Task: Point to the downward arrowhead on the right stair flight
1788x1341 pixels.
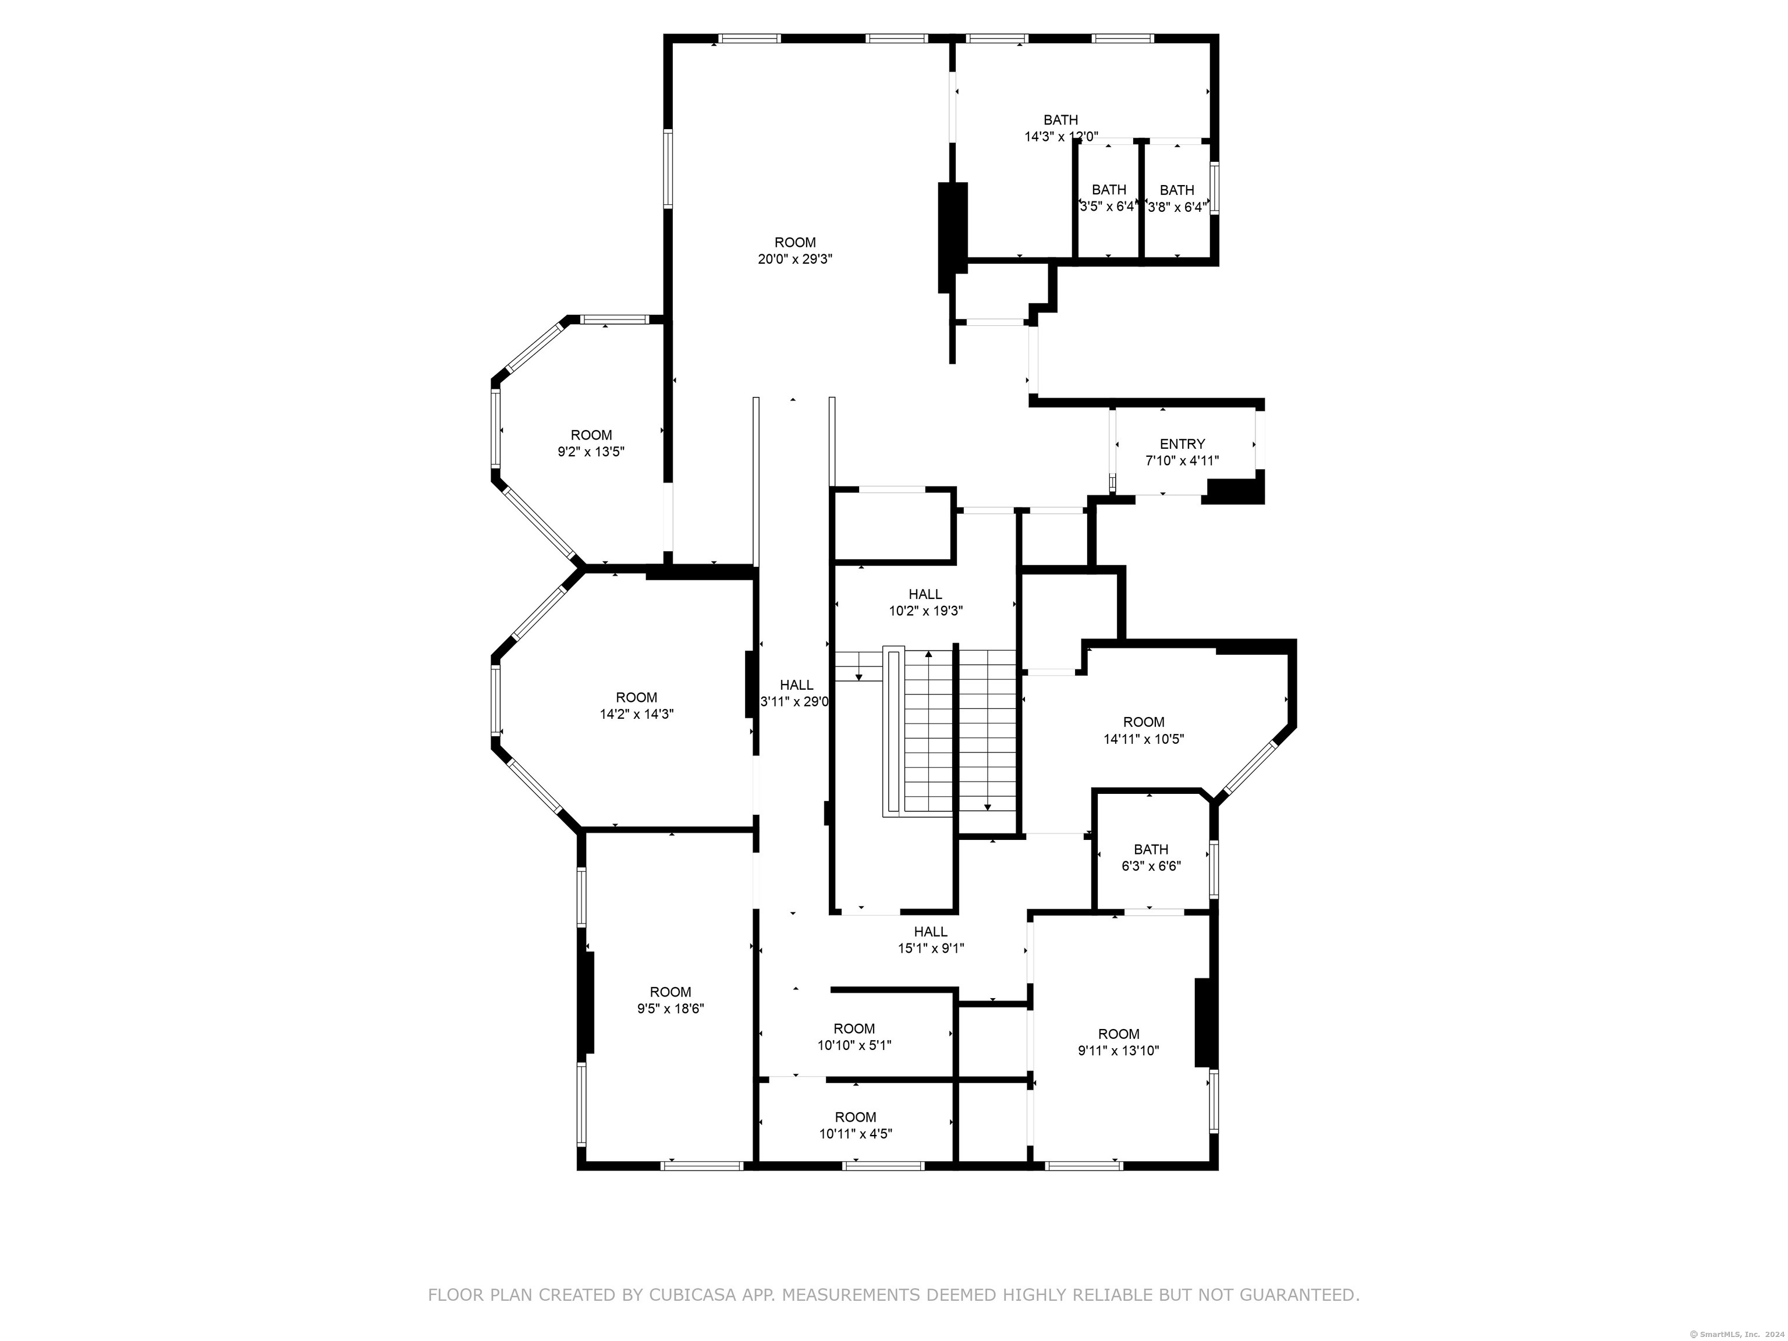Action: [987, 807]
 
